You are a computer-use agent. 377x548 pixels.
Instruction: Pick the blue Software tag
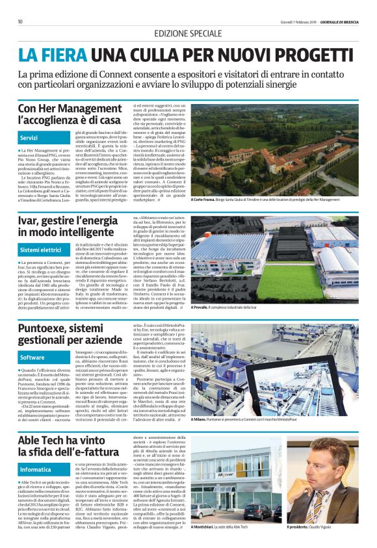click(32, 358)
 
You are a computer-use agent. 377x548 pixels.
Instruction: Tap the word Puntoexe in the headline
click(46, 330)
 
